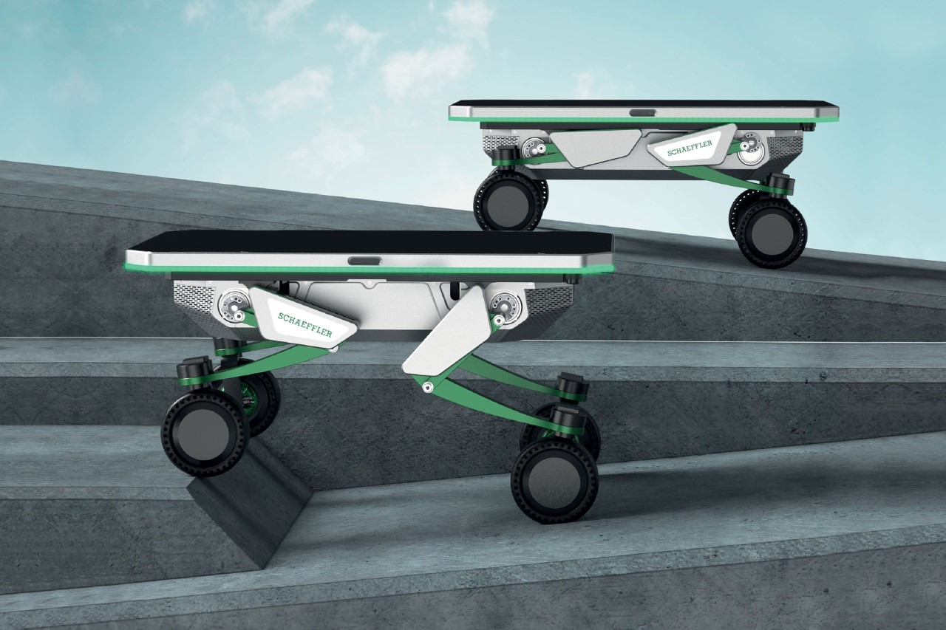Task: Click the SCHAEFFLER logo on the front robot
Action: click(x=305, y=324)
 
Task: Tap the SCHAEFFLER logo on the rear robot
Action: click(x=690, y=148)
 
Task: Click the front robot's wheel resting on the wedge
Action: click(x=203, y=437)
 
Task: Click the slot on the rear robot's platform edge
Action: click(x=644, y=113)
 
